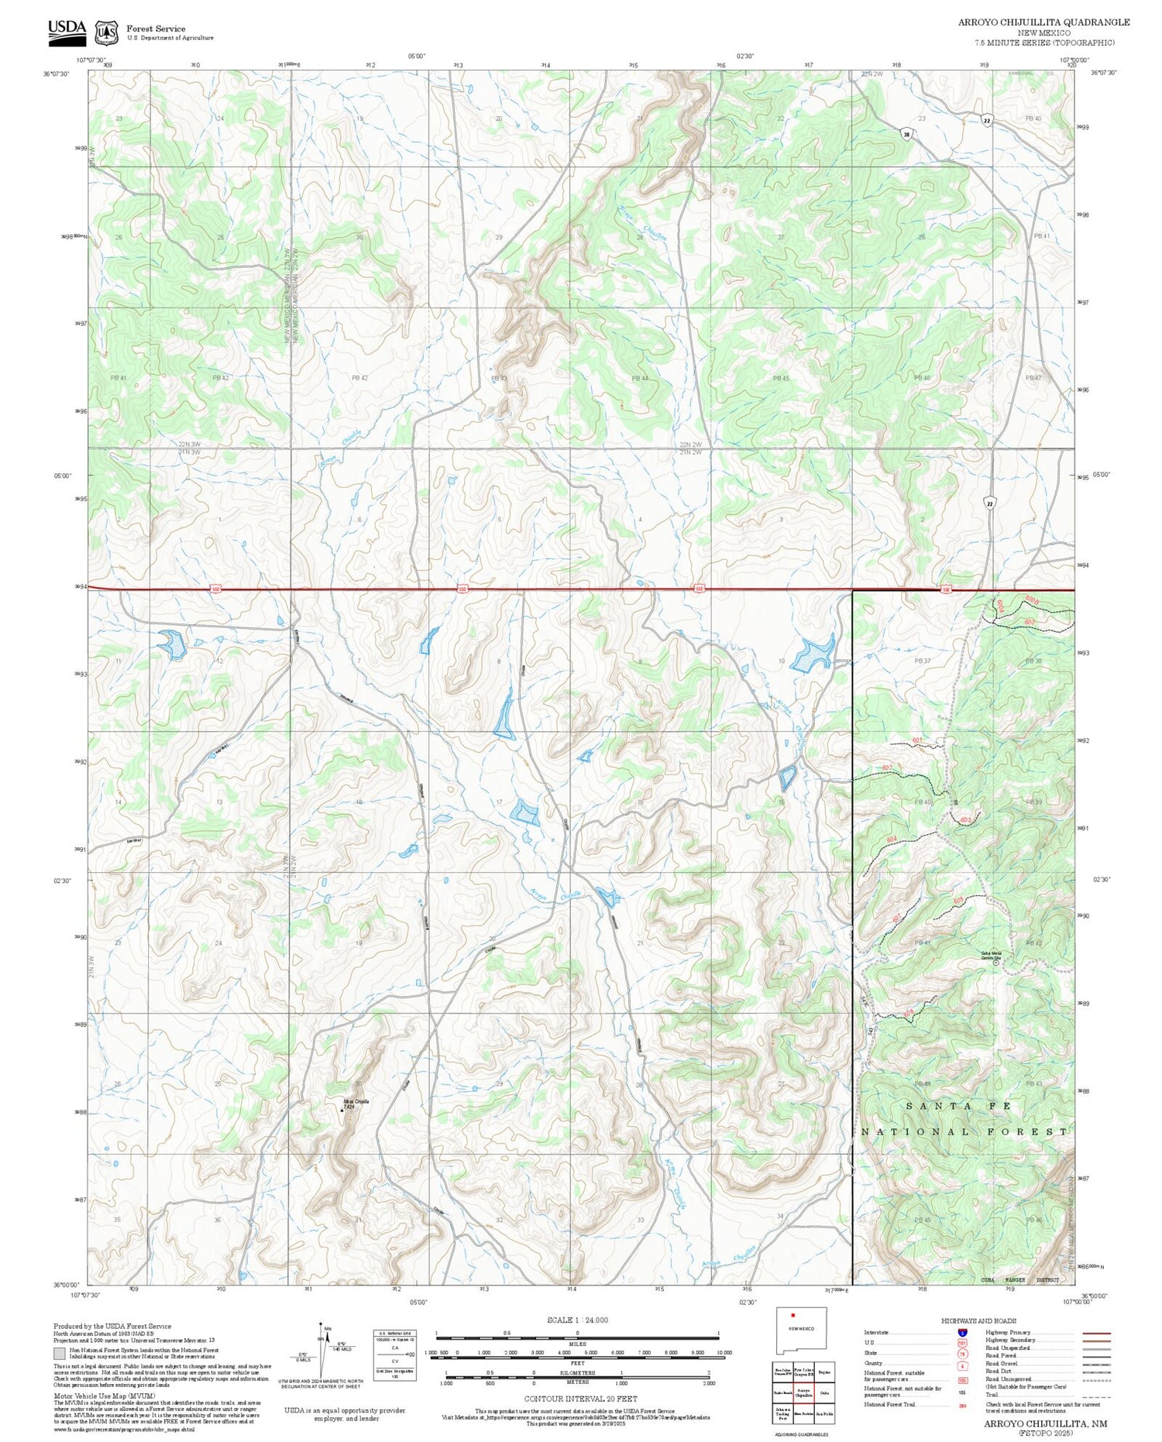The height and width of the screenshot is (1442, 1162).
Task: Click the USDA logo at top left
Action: (67, 29)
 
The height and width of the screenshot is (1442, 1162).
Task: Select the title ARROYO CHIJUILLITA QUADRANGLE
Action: (1043, 22)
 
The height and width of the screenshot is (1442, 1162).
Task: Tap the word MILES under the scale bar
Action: (577, 1344)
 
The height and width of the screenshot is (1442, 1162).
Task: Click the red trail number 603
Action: (965, 819)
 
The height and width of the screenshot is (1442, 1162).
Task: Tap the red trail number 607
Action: (897, 918)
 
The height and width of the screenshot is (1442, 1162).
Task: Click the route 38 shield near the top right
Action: (906, 134)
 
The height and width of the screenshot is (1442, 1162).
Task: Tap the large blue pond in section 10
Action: (813, 653)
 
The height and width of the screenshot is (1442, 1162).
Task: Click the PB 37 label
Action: (922, 661)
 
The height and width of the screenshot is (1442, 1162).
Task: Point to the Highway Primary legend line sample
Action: (1092, 1333)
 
